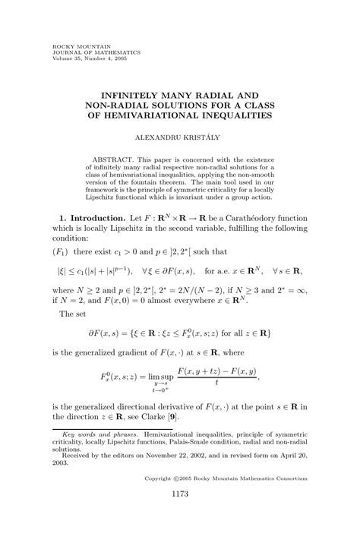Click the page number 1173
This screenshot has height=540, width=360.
coord(179,516)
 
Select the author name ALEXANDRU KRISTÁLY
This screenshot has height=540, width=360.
coord(179,139)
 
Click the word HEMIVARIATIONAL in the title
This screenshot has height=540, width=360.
coord(156,116)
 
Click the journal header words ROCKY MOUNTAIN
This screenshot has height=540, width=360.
coord(74,46)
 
